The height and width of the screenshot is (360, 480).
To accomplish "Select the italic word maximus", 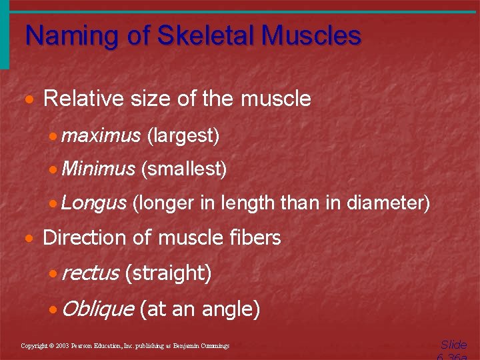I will [101, 136].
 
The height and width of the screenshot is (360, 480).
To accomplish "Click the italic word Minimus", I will [98, 169].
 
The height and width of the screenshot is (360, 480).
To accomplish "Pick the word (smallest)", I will [184, 169].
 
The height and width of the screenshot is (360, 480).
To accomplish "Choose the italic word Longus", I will [93, 202].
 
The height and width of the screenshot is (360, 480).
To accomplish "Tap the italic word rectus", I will [89, 273].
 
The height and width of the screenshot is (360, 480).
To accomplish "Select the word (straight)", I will [168, 273].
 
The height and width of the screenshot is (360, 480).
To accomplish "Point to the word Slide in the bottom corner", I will [453, 345].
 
